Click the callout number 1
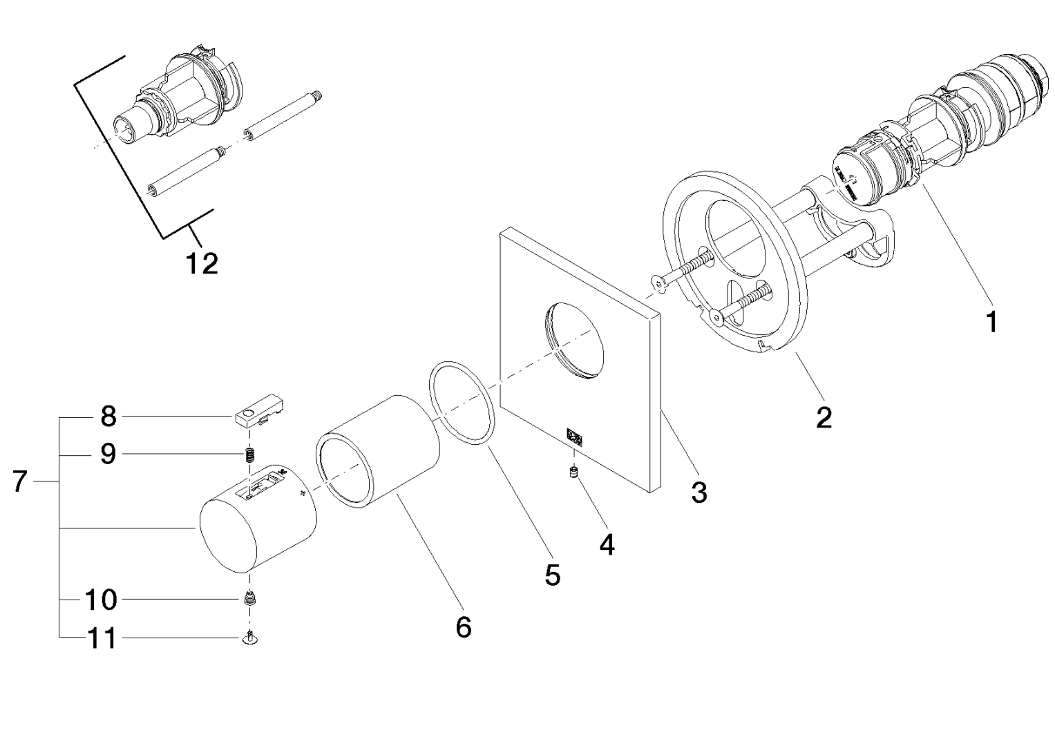[991, 321]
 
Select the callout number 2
[824, 417]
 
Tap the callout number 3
[699, 492]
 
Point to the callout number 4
[607, 544]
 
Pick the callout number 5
[552, 575]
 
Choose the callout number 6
[464, 627]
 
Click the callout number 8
[108, 417]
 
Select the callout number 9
[108, 454]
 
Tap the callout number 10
[101, 600]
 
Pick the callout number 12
[202, 262]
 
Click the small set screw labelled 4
[572, 472]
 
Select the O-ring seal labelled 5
[462, 403]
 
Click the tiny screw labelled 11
[251, 640]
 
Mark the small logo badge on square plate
[573, 435]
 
